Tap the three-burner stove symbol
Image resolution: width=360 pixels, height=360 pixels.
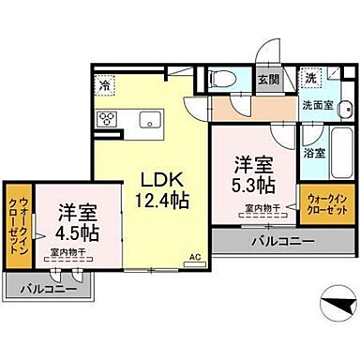coord(106,119)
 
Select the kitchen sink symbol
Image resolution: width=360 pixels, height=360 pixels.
coord(150,119)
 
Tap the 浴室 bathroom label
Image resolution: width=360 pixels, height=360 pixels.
coord(315,151)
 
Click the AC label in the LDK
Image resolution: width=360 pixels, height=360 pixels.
coord(196,255)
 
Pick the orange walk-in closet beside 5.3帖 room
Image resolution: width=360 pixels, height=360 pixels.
coord(325,204)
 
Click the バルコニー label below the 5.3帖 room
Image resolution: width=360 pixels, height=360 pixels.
coord(282,243)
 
